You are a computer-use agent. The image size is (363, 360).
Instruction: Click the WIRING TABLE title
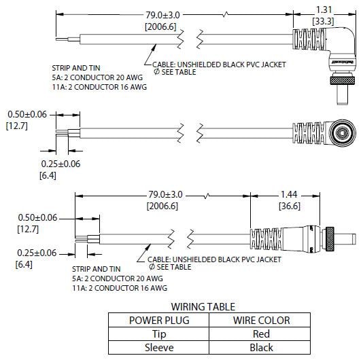pos(203,306)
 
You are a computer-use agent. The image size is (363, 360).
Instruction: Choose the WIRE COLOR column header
pos(261,320)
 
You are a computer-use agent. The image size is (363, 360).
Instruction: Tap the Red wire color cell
pos(261,334)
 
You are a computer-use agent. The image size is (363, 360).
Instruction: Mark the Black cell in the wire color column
pos(261,346)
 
